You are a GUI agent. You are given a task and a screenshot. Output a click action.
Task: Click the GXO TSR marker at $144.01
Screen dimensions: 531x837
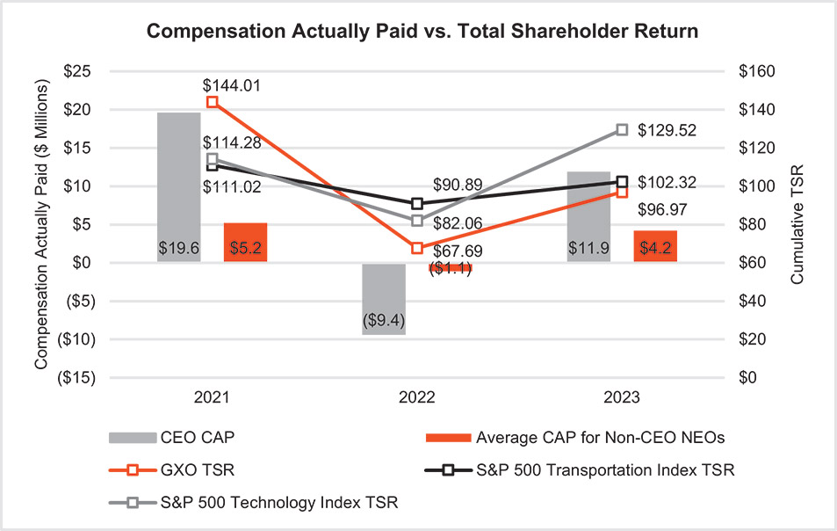tap(213, 102)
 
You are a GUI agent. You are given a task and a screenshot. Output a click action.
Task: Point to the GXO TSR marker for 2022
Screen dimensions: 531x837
tap(417, 248)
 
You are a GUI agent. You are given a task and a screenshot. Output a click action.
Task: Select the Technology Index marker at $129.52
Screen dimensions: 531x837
tap(622, 129)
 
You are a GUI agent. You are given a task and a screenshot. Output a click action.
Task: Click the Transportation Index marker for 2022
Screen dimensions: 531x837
tap(417, 203)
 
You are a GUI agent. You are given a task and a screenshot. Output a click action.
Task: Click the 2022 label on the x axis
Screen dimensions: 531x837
tap(417, 397)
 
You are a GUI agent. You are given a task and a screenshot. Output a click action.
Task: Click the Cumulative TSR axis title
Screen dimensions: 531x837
tap(797, 224)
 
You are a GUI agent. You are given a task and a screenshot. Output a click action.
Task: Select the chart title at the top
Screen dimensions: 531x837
tap(422, 32)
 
